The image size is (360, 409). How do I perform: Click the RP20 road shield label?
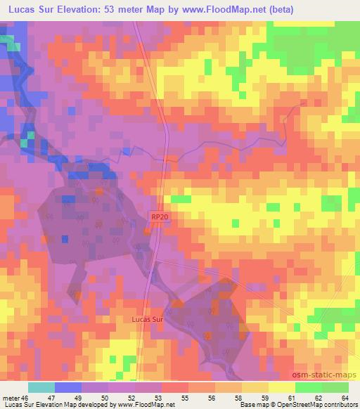159,218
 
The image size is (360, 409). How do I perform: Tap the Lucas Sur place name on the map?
147,318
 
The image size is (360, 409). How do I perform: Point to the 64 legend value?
344,397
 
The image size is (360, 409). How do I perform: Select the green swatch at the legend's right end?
335,387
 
